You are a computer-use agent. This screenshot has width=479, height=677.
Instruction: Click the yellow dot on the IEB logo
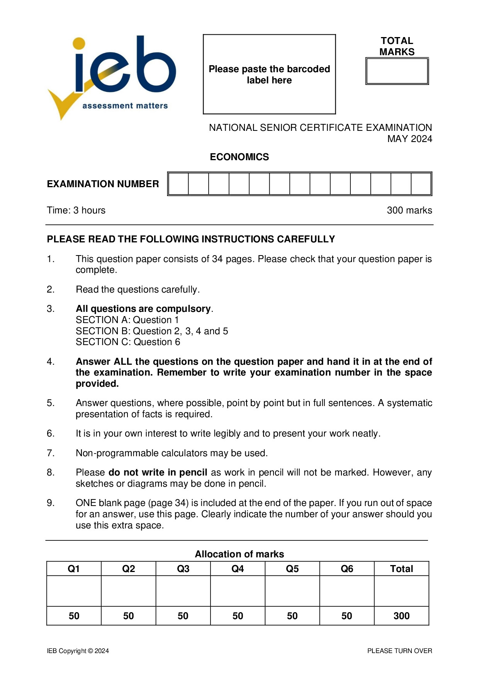pos(79,43)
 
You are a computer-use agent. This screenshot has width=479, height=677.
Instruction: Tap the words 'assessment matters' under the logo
pos(125,106)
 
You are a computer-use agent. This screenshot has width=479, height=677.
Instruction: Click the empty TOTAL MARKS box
pos(397,71)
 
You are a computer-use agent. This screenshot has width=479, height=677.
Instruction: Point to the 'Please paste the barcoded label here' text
pos(269,74)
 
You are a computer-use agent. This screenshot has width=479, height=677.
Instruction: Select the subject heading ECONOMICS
pos(239,157)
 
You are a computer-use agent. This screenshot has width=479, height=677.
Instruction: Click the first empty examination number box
pos(179,184)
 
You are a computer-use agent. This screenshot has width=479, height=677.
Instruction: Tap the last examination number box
pos(421,184)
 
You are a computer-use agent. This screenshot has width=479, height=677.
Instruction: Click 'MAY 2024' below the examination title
pos(409,139)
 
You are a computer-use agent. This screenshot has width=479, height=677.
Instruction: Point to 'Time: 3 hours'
pos(76,210)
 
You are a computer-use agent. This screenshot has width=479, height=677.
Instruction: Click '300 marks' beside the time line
pos(409,210)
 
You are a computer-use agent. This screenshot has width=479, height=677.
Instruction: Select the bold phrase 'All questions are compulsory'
pos(143,309)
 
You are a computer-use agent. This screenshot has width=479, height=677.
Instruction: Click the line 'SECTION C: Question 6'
pos(128,342)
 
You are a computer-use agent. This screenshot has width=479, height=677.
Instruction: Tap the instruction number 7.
pos(51,453)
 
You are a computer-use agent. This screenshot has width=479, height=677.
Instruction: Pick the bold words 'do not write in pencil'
pos(158,472)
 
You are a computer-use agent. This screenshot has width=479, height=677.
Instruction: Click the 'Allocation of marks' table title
pos(239,554)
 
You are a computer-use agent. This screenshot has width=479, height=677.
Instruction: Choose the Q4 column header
pos(238,569)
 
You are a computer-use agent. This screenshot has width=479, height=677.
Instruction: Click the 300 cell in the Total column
pos(401,616)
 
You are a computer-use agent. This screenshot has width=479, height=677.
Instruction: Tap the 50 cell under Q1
pos(74,616)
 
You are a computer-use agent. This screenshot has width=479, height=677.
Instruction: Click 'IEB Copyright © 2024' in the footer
pos(78,651)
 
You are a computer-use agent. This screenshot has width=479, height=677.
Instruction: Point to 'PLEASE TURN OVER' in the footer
pos(399,651)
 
